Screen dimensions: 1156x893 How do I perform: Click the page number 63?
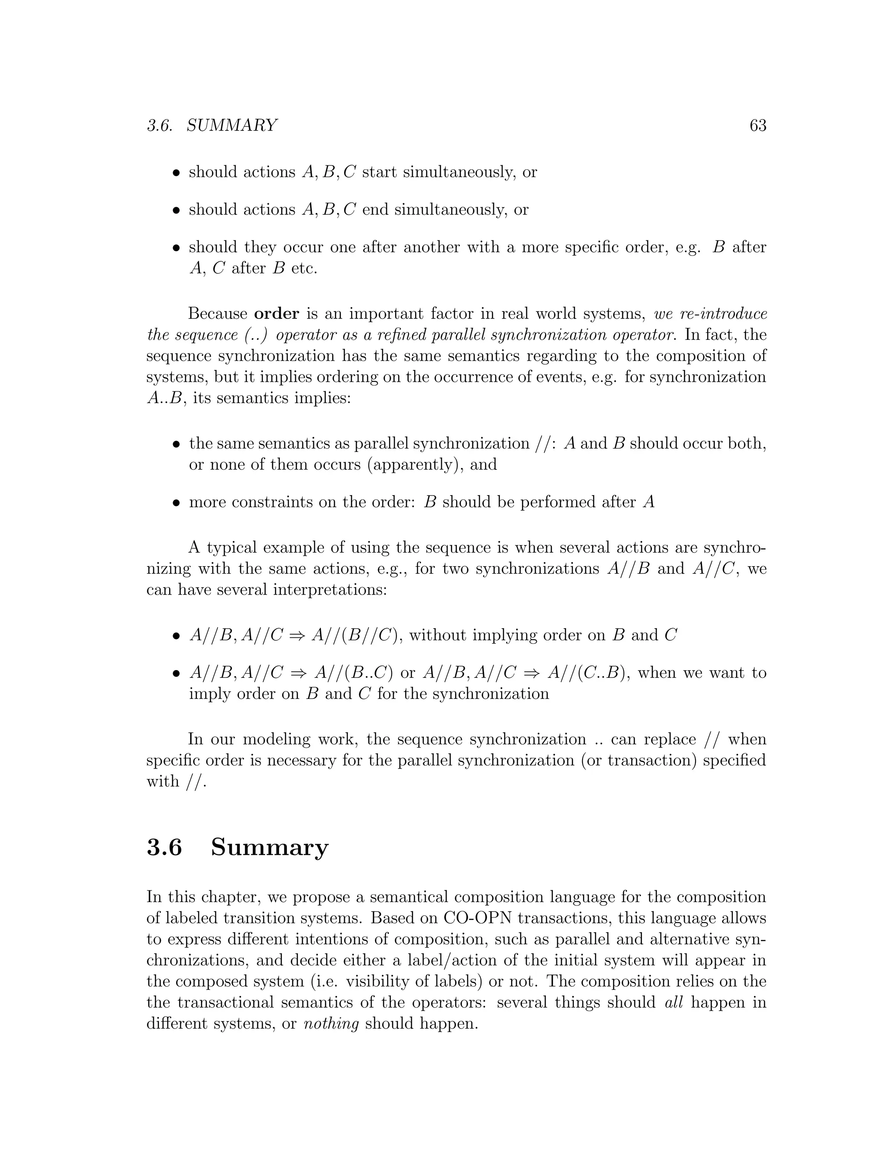[x=757, y=126]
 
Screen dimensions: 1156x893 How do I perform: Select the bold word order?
[x=277, y=314]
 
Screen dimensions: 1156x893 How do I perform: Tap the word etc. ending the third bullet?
[x=304, y=268]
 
